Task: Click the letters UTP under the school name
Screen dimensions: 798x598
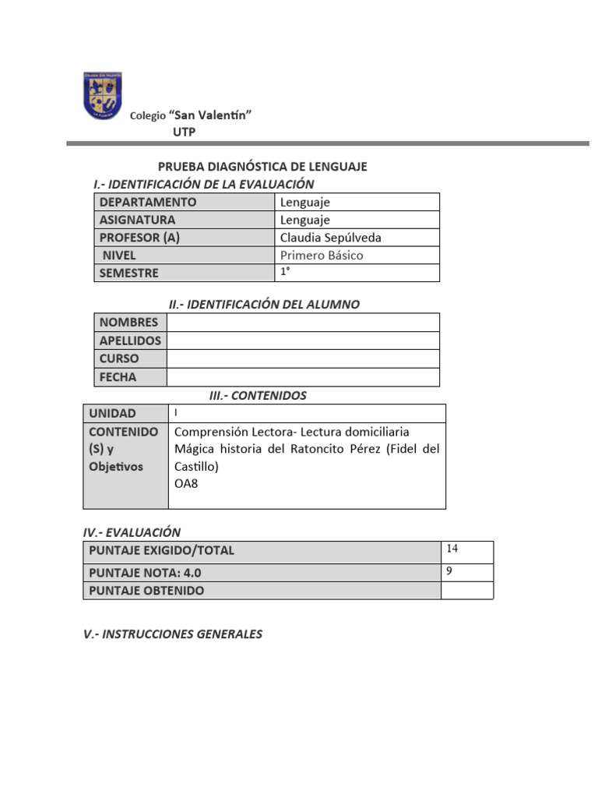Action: pyautogui.click(x=185, y=132)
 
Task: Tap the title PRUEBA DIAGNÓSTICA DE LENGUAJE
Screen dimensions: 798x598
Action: pyautogui.click(x=262, y=167)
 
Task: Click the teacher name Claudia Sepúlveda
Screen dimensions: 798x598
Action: pyautogui.click(x=331, y=238)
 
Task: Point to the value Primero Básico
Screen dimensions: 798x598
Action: pyautogui.click(x=322, y=256)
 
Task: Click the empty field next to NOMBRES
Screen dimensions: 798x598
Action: pyautogui.click(x=303, y=323)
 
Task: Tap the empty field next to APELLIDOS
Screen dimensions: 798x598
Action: pyautogui.click(x=303, y=341)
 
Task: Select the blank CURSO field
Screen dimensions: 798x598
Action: pyautogui.click(x=303, y=358)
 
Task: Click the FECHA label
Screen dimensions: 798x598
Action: pyautogui.click(x=118, y=377)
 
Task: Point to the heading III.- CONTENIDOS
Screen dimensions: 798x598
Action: pyautogui.click(x=258, y=396)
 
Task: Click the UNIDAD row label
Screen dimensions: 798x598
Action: pyautogui.click(x=112, y=414)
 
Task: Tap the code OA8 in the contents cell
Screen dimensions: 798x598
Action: pyautogui.click(x=187, y=484)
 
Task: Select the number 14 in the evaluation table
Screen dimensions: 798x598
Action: pyautogui.click(x=452, y=549)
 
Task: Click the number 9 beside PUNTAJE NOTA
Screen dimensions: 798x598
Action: pyautogui.click(x=450, y=571)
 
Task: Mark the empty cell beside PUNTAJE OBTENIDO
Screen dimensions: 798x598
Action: pyautogui.click(x=466, y=591)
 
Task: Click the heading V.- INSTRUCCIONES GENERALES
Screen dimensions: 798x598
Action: pyautogui.click(x=173, y=634)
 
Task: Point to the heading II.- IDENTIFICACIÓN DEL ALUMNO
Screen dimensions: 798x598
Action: pyautogui.click(x=264, y=305)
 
